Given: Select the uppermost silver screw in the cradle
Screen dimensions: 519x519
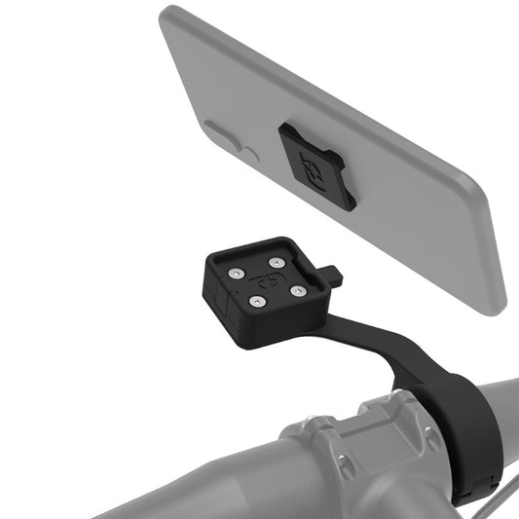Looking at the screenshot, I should click(x=274, y=260).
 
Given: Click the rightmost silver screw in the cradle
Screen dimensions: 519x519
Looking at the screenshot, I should click(x=297, y=289).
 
